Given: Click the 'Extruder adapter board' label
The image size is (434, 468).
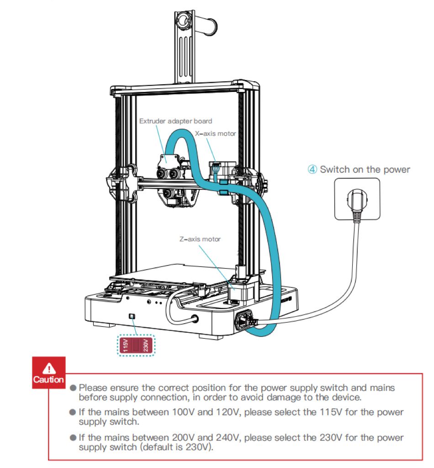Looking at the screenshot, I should tap(175, 121).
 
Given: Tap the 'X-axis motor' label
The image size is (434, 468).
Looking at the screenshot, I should tap(215, 133).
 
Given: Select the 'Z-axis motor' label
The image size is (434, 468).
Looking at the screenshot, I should tap(200, 239).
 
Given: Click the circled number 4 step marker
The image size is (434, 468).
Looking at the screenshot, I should tap(312, 170).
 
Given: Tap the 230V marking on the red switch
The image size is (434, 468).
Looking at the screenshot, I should tap(145, 346).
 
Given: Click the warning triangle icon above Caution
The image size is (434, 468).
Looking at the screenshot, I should tap(48, 368).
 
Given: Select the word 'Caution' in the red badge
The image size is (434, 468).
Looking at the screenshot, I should tap(48, 380).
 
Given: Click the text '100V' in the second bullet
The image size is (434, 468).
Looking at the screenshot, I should tap(183, 412).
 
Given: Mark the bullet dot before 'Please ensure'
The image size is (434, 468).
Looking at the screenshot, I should tap(72, 388).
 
